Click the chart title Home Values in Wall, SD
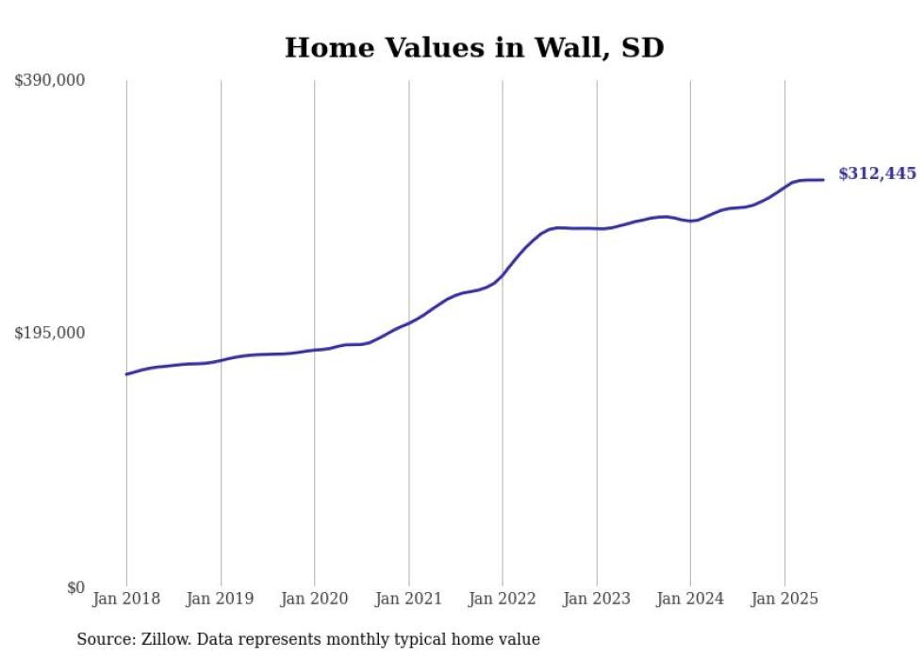point(474,47)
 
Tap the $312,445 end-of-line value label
point(876,173)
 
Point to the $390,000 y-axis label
point(50,80)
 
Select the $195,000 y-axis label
point(50,333)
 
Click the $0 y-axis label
point(75,587)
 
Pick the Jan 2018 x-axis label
point(126,599)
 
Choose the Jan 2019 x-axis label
point(221,599)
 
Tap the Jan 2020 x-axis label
point(314,599)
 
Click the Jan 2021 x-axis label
point(408,599)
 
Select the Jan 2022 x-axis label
point(503,599)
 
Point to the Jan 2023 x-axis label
point(596,599)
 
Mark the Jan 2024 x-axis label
point(690,599)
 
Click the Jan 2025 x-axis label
point(784,599)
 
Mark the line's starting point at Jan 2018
point(126,374)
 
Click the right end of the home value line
point(824,179)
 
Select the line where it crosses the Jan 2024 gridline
point(690,221)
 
